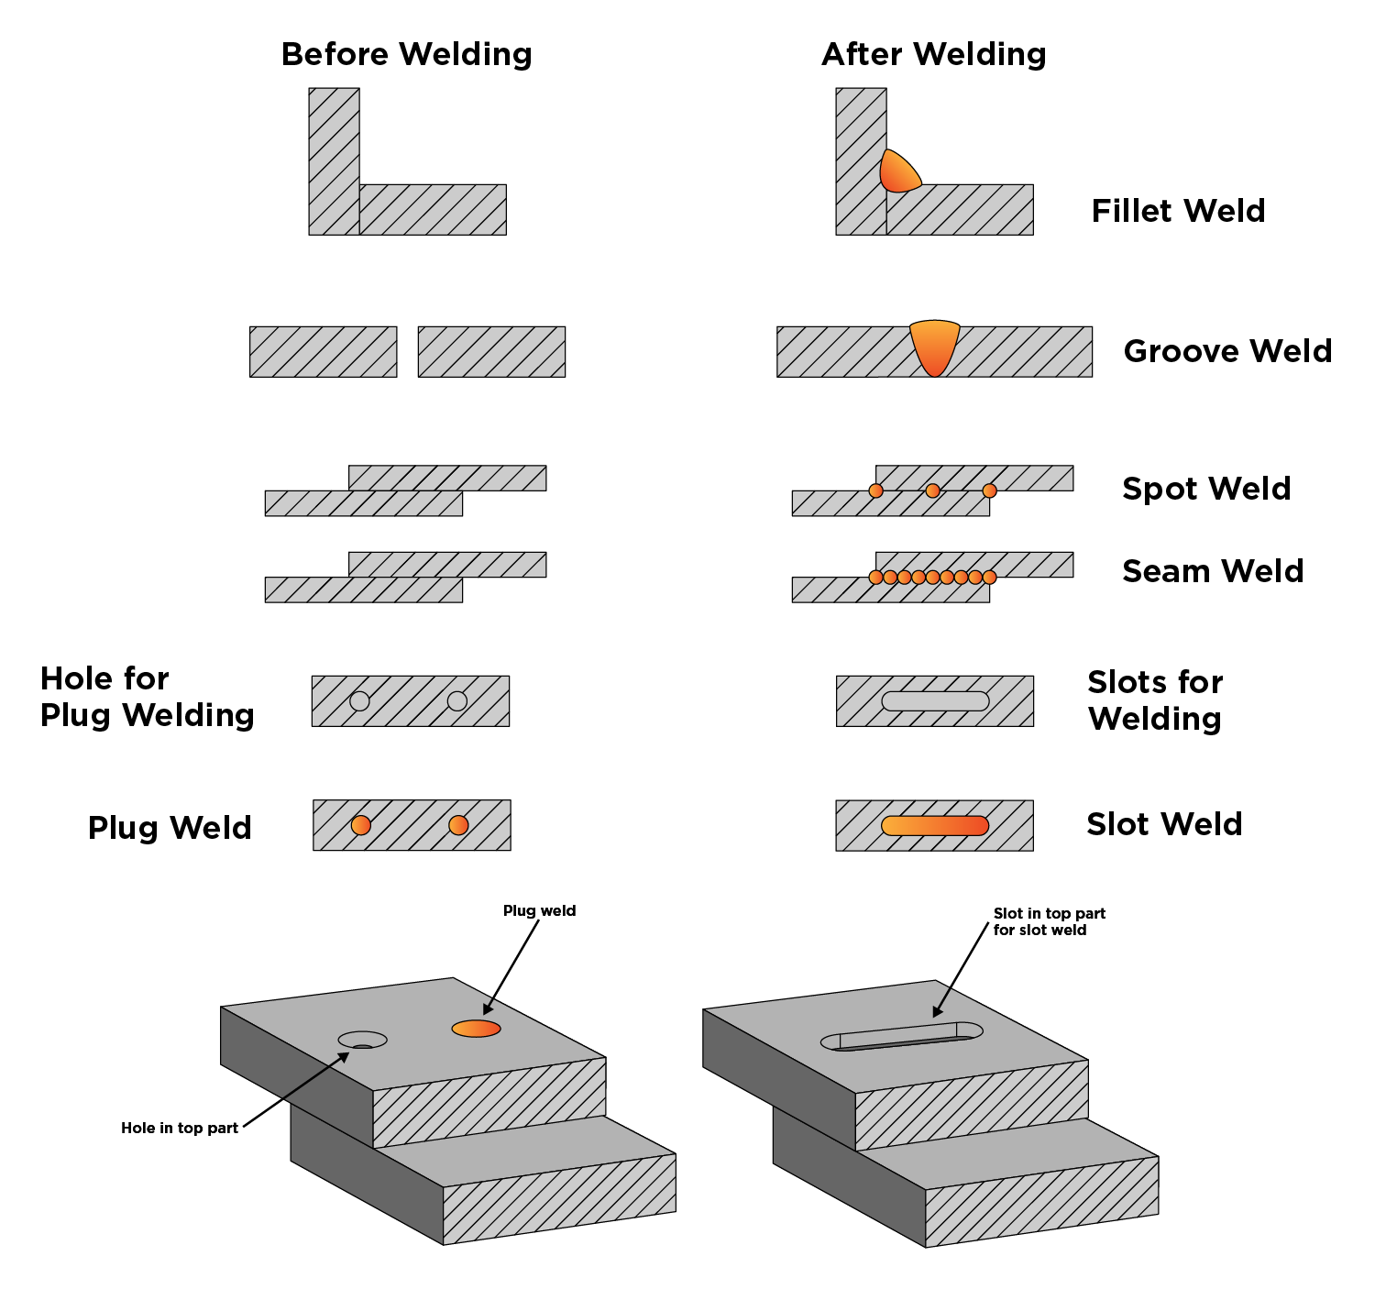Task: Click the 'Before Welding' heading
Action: click(x=406, y=55)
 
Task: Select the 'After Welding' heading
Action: click(x=933, y=55)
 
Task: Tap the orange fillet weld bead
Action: click(x=897, y=173)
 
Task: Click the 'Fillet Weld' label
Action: click(x=1178, y=211)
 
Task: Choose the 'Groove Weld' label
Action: click(x=1227, y=351)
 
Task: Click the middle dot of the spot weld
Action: click(x=932, y=490)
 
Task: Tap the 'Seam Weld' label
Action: click(x=1213, y=571)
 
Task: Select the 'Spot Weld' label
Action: click(x=1206, y=489)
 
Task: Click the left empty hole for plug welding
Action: click(x=359, y=701)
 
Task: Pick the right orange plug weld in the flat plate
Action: click(x=458, y=825)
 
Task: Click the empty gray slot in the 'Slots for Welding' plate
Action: click(x=935, y=701)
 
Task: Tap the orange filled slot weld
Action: click(x=935, y=825)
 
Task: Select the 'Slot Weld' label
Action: click(x=1164, y=824)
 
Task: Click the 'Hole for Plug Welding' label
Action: click(x=147, y=697)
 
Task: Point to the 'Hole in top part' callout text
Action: click(x=180, y=1128)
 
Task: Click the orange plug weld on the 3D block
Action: click(x=476, y=1029)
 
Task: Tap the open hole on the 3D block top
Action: click(x=362, y=1040)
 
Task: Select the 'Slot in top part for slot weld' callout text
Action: click(x=1049, y=921)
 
